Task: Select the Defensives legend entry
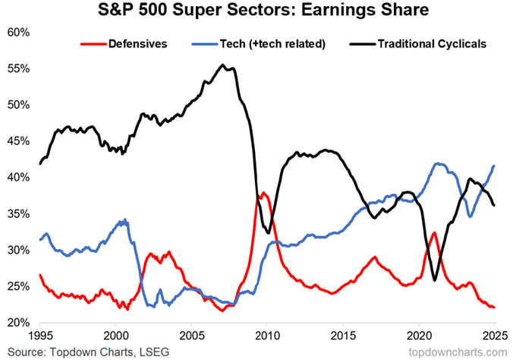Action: point(124,44)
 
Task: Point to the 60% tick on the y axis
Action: point(18,33)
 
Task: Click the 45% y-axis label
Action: point(18,141)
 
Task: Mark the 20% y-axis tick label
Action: point(18,323)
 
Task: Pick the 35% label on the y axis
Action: point(18,213)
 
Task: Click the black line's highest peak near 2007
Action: point(222,65)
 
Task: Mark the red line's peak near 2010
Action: point(263,192)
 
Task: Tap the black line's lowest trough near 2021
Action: point(435,280)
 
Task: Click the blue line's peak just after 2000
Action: point(124,219)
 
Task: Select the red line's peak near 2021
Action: point(434,232)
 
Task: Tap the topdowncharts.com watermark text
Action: point(458,352)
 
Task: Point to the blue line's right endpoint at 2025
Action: point(494,166)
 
